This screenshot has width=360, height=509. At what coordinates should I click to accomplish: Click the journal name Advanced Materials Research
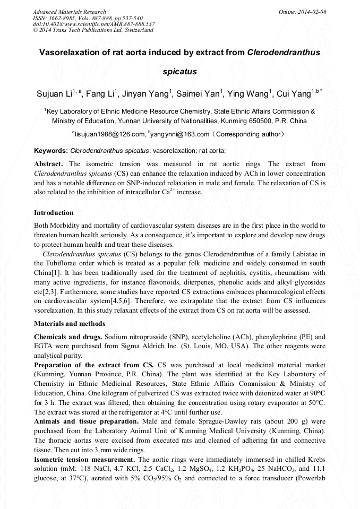[x=69, y=12]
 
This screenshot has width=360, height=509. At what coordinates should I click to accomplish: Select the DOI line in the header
[x=93, y=24]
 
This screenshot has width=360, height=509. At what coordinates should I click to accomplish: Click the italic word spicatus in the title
[x=179, y=71]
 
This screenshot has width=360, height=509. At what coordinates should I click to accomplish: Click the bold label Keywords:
[x=51, y=151]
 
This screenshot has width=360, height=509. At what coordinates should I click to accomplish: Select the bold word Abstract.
[x=49, y=164]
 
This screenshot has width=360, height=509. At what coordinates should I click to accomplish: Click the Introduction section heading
[x=54, y=213]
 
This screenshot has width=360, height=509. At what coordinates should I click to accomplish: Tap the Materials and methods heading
[x=70, y=323]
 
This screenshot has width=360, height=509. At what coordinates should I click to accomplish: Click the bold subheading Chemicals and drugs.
[x=68, y=337]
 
